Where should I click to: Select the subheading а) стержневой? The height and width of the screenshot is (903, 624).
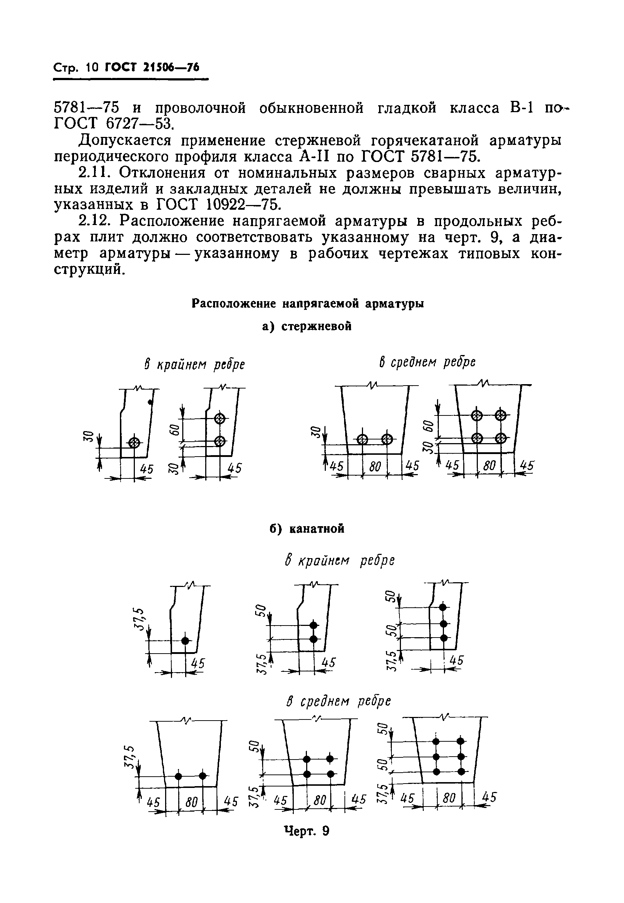307,327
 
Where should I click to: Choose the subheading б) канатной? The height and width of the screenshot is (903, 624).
307,529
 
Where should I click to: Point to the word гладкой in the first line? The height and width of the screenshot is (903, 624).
407,108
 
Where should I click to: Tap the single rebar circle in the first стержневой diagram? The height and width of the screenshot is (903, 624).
134,442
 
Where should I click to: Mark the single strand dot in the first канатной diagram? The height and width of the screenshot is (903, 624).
185,641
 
